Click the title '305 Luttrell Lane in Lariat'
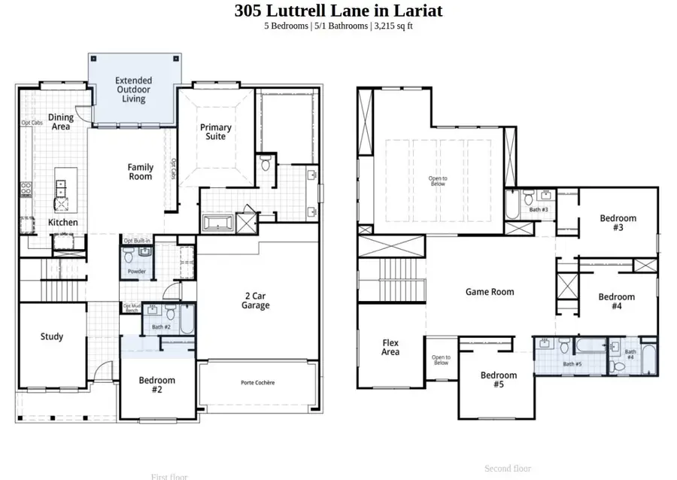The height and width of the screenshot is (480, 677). (x=338, y=11)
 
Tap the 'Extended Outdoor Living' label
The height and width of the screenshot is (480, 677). (x=133, y=90)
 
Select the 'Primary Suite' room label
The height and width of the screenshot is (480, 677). (x=216, y=132)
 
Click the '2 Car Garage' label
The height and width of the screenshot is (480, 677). (x=256, y=300)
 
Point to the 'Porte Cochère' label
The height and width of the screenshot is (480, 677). (x=257, y=383)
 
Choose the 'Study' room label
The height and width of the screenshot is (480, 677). (x=52, y=336)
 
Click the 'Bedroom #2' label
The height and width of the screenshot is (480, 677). (x=156, y=384)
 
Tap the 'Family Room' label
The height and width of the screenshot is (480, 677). (x=141, y=172)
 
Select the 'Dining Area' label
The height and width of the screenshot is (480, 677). (x=61, y=122)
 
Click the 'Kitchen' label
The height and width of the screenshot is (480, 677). (x=62, y=223)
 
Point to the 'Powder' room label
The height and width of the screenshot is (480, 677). (x=136, y=272)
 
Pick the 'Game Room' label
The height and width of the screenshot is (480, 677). (x=490, y=292)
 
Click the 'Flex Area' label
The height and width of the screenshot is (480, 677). (x=390, y=347)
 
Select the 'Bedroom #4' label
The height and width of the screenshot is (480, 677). (x=616, y=301)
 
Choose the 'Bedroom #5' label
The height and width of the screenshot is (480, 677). (x=499, y=380)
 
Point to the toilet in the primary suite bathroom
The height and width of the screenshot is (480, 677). (x=265, y=163)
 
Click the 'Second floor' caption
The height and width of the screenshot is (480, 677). (x=508, y=468)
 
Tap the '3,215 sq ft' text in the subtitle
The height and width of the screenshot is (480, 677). (x=393, y=26)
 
